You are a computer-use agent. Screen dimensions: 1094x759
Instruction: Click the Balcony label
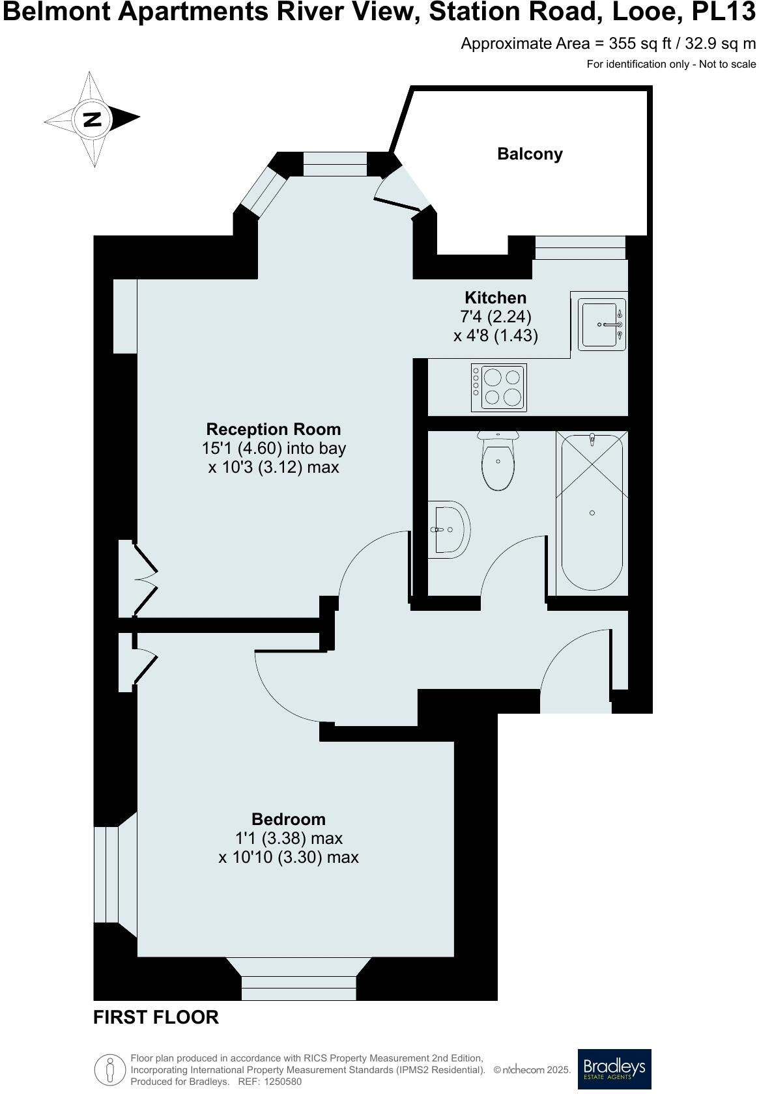(530, 154)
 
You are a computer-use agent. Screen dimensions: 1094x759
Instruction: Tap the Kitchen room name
(495, 298)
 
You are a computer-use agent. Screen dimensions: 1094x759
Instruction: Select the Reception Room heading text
(273, 429)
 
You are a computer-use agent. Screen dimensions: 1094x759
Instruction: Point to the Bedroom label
(288, 819)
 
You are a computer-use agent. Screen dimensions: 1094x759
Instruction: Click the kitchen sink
(603, 324)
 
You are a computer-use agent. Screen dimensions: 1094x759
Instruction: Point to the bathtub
(592, 513)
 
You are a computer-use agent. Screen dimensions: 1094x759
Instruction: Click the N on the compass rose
(92, 119)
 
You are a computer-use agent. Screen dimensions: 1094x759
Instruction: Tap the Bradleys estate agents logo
(614, 1069)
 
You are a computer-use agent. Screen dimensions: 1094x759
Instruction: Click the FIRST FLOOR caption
(156, 1017)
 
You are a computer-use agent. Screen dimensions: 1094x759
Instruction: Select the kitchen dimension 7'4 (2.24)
(495, 317)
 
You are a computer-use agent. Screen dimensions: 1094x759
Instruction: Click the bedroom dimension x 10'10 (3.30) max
(288, 858)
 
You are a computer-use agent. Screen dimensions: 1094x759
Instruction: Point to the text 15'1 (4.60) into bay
(274, 449)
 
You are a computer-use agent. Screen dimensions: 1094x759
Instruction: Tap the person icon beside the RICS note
(110, 1069)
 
